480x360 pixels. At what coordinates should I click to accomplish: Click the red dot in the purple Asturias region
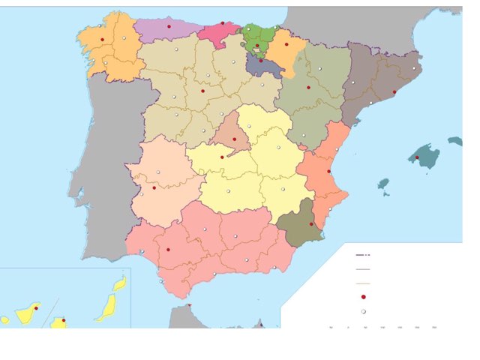click(169, 26)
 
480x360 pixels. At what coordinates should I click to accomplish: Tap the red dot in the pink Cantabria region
click(222, 24)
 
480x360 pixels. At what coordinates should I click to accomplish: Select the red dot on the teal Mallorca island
click(417, 157)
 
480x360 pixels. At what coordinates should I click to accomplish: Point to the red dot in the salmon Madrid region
click(221, 157)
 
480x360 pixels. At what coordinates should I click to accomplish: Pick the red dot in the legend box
click(363, 297)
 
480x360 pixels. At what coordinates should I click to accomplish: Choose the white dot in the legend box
click(363, 311)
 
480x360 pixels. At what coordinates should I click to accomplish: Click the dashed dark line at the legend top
click(363, 255)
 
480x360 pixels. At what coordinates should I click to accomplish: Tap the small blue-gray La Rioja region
click(264, 66)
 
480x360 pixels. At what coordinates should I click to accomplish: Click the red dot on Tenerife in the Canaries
click(64, 321)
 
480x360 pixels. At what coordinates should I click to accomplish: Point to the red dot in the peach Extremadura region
click(154, 187)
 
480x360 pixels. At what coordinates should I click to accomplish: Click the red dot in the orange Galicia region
click(101, 39)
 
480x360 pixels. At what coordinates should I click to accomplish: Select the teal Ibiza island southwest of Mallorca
click(383, 183)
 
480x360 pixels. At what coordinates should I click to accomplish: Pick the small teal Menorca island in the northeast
click(454, 140)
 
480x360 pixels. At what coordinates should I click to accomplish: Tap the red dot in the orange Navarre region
click(284, 45)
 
